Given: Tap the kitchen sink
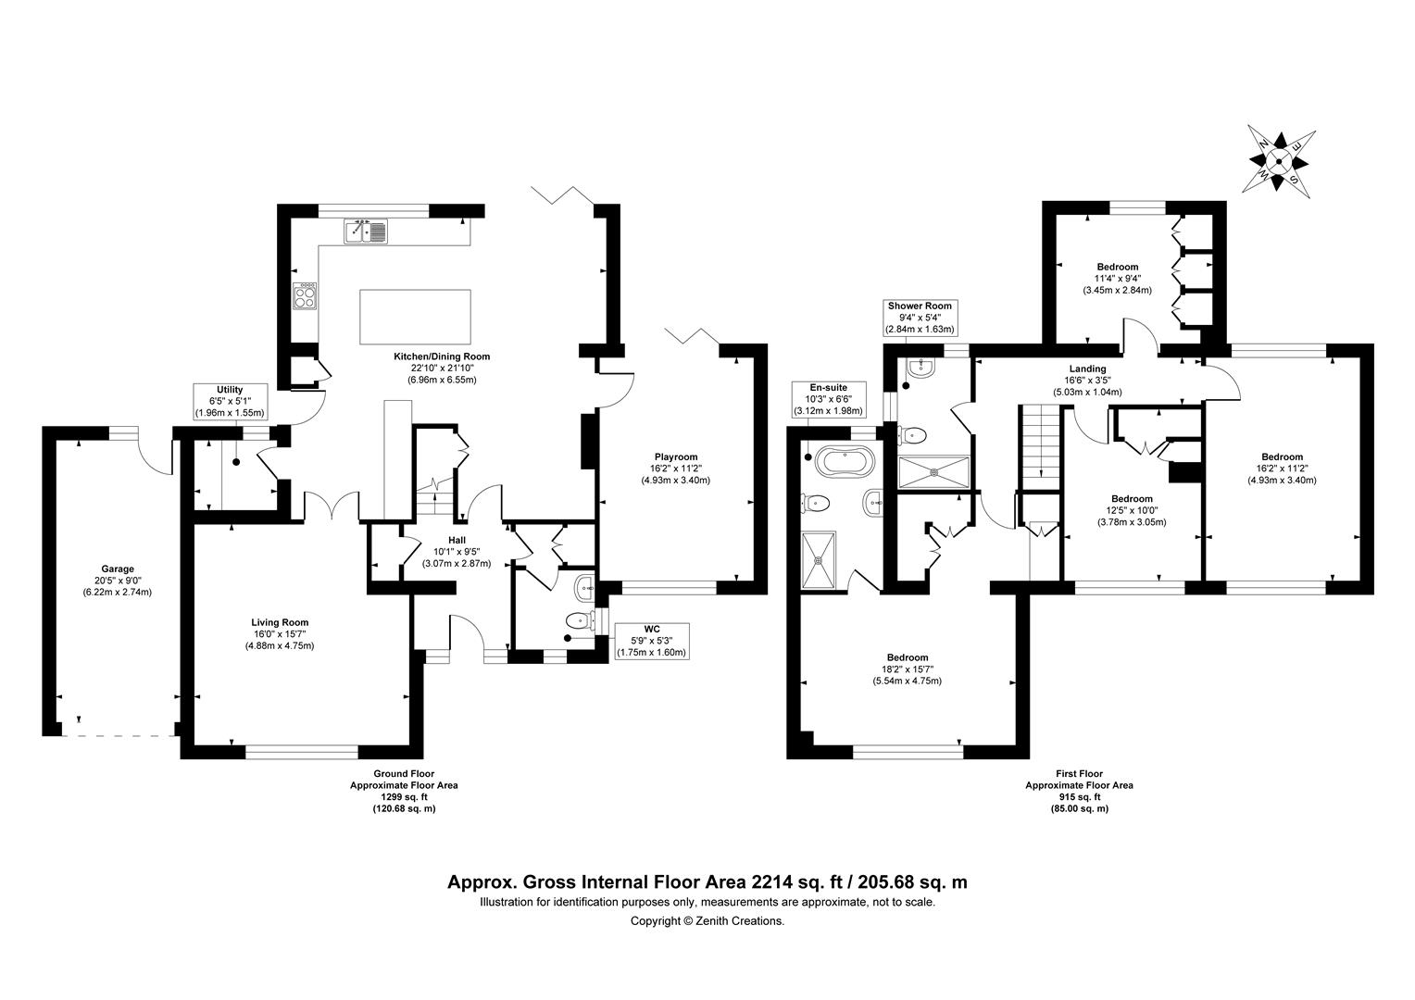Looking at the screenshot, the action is [366, 231].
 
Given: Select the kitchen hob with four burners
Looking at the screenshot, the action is [305, 295].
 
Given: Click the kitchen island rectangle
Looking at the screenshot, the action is [415, 317].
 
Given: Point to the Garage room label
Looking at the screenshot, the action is [118, 569].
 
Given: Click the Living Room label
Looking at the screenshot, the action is [280, 622].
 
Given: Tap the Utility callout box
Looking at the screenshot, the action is [230, 401].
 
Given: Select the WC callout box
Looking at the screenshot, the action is [652, 641].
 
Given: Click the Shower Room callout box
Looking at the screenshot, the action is [920, 318].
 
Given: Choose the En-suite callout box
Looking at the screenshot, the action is [828, 399].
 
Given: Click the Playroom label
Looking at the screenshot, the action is [676, 456].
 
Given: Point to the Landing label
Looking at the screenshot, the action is [1087, 369].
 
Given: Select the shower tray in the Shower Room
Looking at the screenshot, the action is [933, 472].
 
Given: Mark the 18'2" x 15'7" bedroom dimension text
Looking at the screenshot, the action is [908, 669].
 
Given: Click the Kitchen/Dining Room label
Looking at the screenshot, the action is [442, 356].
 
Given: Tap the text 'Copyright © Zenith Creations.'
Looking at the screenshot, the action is [707, 921].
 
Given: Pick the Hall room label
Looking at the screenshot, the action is [457, 540].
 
